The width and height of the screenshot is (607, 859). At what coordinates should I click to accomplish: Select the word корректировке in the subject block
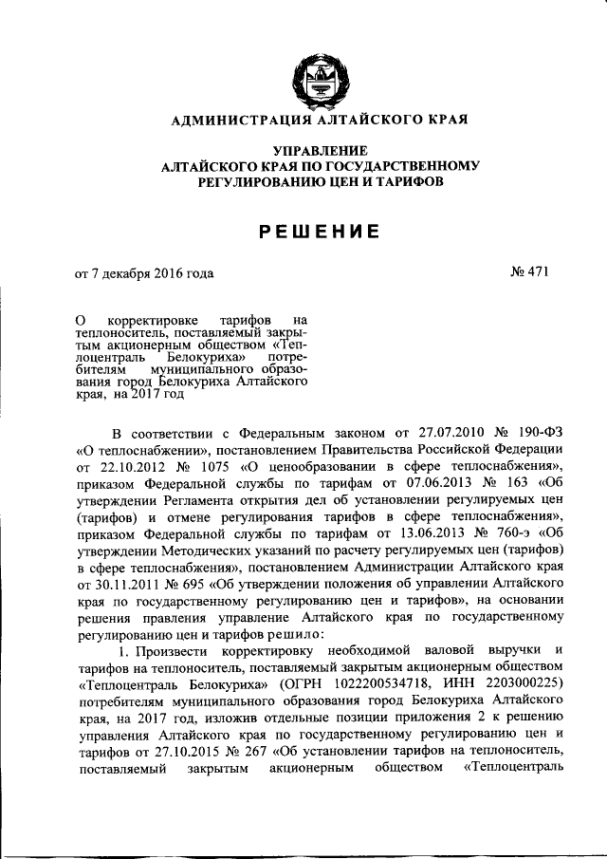point(152,321)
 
